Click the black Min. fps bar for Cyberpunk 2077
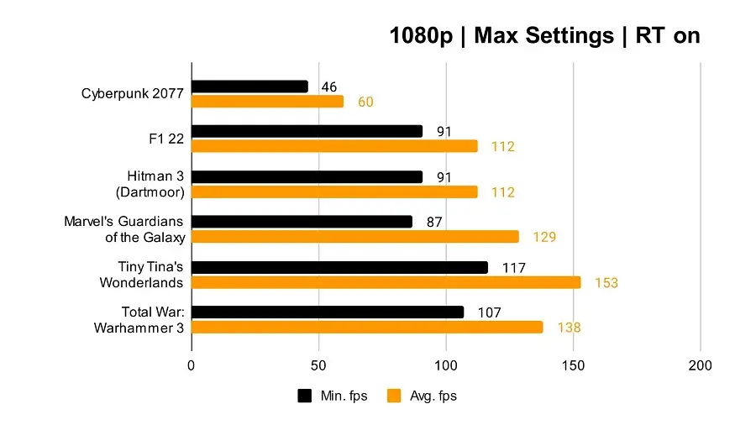tap(249, 87)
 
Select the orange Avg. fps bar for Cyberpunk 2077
tap(267, 102)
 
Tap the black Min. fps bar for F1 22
tap(307, 131)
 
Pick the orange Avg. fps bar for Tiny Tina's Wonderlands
tap(386, 282)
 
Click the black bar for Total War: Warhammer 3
tap(327, 312)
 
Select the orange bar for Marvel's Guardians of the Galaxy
tap(354, 237)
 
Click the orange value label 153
tap(606, 283)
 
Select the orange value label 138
tap(568, 328)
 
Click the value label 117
tap(513, 268)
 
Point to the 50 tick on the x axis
tap(318, 366)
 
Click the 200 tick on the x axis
tap(700, 366)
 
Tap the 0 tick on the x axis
tap(192, 366)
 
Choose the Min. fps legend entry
tap(333, 396)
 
